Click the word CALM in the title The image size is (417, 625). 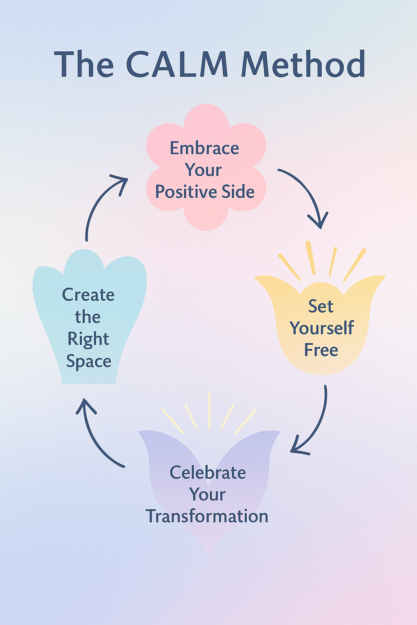point(177,64)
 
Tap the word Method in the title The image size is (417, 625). point(303,64)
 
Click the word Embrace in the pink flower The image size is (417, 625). point(204,148)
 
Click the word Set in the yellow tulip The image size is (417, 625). point(321,306)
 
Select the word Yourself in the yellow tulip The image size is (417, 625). point(322,328)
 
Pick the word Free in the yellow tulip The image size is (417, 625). point(321,350)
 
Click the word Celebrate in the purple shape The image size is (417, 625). point(208,473)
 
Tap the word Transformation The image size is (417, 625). point(207,516)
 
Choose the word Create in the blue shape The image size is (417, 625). point(88,295)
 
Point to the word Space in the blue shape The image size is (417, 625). point(88,361)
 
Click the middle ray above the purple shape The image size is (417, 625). point(209,410)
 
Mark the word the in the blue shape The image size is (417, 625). point(88,317)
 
